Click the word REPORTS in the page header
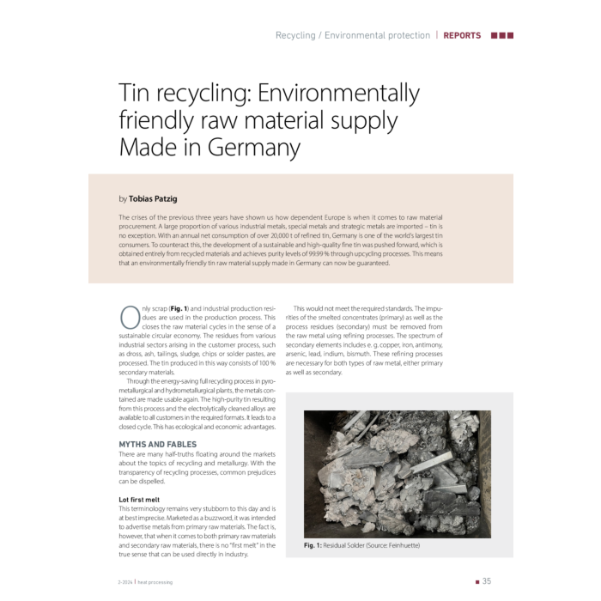coord(463,36)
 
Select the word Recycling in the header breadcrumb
coord(294,36)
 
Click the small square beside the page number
coord(477,581)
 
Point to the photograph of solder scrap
coord(391,468)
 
